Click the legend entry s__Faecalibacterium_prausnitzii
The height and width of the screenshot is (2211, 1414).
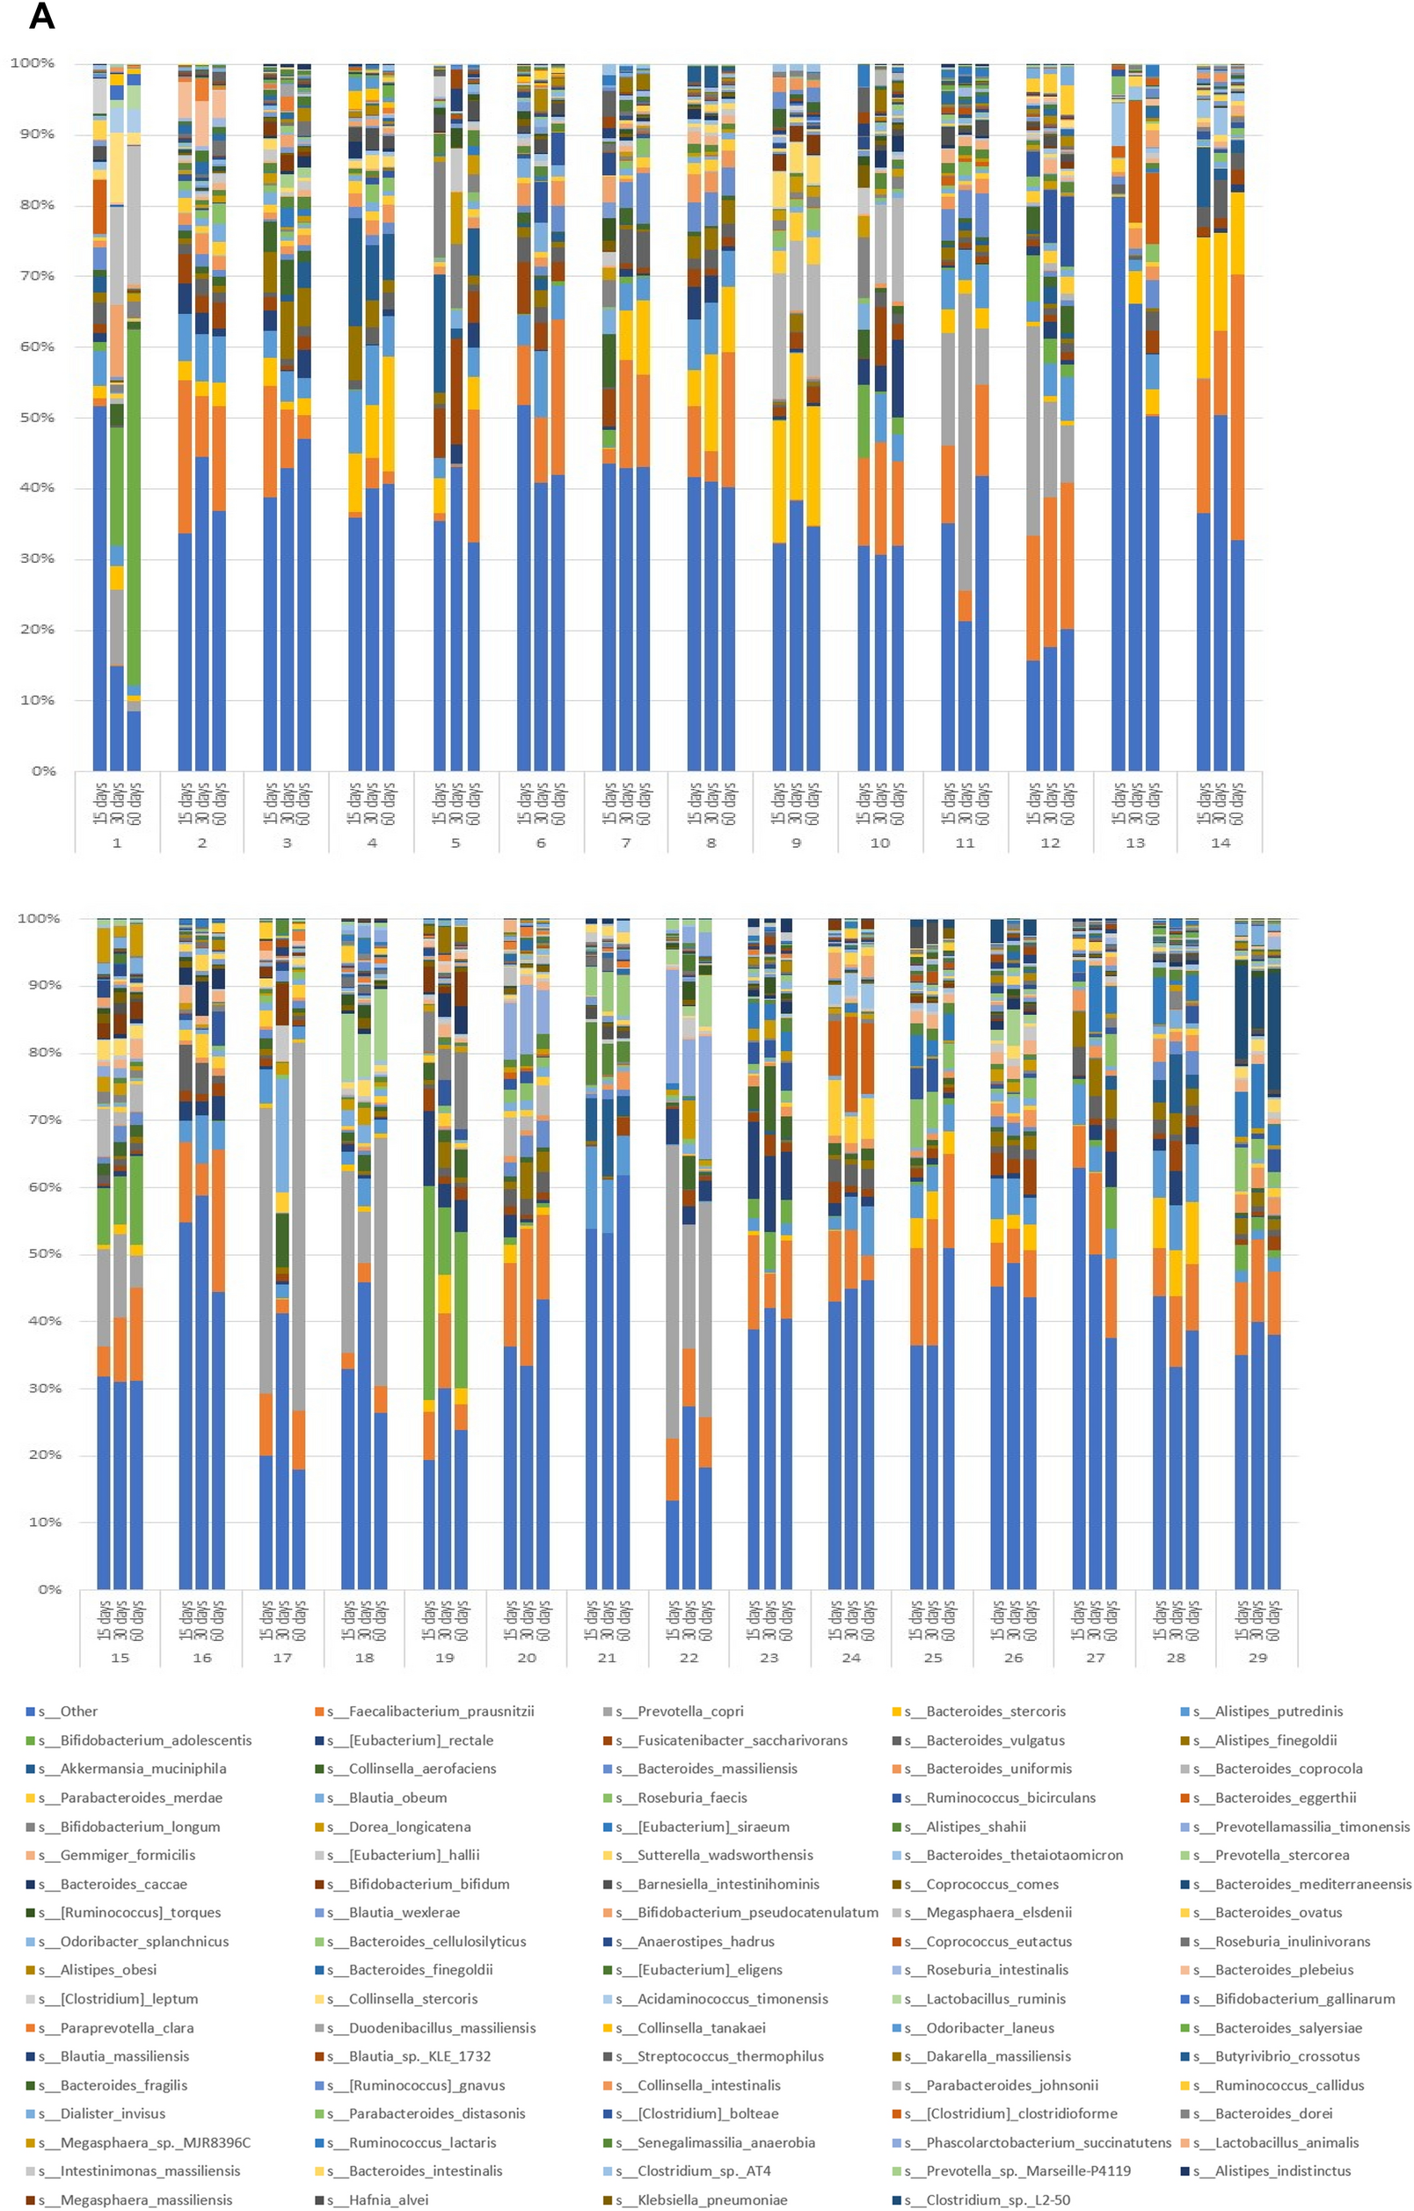click(441, 1711)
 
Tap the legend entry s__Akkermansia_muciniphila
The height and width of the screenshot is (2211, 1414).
click(142, 1769)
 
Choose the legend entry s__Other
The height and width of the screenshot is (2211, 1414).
click(78, 1711)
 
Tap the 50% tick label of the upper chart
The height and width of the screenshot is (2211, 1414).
click(33, 418)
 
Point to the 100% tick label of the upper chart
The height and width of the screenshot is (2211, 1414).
click(33, 63)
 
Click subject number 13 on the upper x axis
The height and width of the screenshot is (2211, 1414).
click(1135, 843)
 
